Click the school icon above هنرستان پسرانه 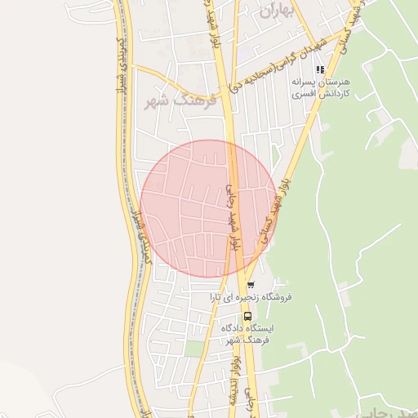320,69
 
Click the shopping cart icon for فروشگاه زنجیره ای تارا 251,285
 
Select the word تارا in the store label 220,297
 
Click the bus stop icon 248,316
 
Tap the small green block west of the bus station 193,349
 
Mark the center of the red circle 209,208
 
